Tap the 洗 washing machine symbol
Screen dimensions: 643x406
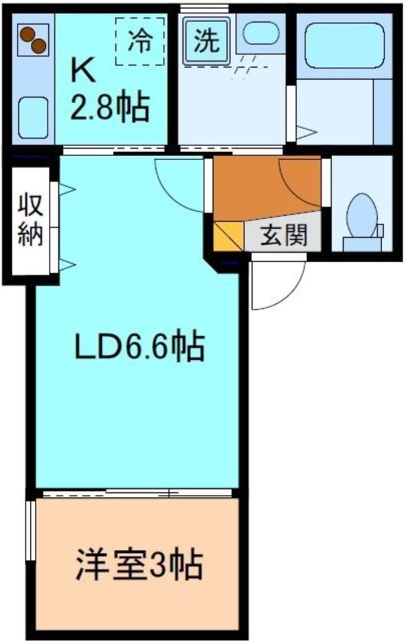[x=206, y=42]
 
